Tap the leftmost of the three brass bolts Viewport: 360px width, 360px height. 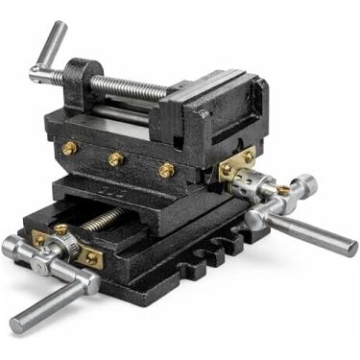[x=70, y=148]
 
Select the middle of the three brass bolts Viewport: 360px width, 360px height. [x=116, y=157]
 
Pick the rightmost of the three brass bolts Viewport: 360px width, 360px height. [x=167, y=169]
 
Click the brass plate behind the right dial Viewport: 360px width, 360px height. [x=237, y=164]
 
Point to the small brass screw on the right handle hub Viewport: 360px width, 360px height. [x=284, y=190]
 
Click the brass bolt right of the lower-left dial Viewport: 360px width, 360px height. [x=92, y=257]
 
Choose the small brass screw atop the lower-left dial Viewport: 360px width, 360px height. [x=61, y=230]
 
